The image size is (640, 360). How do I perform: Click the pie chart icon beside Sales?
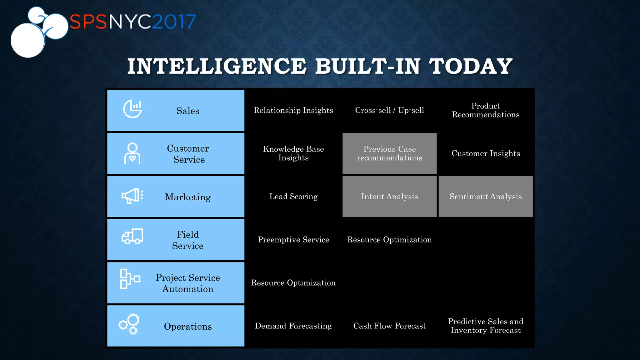pyautogui.click(x=132, y=109)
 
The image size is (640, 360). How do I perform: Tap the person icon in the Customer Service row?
pyautogui.click(x=132, y=153)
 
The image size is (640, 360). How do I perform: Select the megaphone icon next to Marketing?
pyautogui.click(x=132, y=196)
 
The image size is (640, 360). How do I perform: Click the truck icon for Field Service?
pyautogui.click(x=132, y=236)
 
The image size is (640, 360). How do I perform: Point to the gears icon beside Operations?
pyautogui.click(x=129, y=324)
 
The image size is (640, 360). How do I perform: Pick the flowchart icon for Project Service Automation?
pyautogui.click(x=130, y=279)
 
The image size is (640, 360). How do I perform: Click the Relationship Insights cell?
pyautogui.click(x=293, y=110)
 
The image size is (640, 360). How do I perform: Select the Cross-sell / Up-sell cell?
pyautogui.click(x=389, y=110)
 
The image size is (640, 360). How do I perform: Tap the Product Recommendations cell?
pyautogui.click(x=485, y=110)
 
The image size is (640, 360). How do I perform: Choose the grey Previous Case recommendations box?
pyautogui.click(x=389, y=153)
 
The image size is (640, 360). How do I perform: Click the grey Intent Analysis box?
pyautogui.click(x=389, y=197)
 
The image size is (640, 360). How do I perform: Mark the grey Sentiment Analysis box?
pyautogui.click(x=485, y=197)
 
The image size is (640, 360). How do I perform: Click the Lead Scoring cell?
pyautogui.click(x=293, y=197)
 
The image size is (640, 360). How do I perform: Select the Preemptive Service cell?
pyautogui.click(x=293, y=240)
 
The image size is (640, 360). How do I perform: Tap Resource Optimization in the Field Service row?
pyautogui.click(x=389, y=240)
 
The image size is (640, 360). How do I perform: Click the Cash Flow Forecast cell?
pyautogui.click(x=389, y=326)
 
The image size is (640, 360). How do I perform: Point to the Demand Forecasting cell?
pyautogui.click(x=293, y=326)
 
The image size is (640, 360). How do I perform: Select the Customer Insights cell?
pyautogui.click(x=485, y=153)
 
